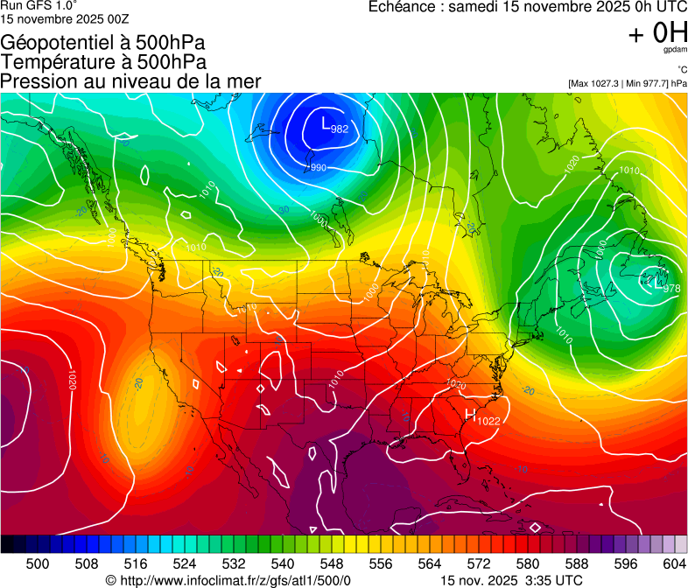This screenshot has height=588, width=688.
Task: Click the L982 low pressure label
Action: [334, 125]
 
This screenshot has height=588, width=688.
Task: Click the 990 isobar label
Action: [319, 168]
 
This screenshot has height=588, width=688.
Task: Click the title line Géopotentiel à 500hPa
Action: [104, 43]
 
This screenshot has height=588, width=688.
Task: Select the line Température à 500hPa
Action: [103, 62]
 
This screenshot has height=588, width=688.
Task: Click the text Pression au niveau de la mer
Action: [130, 81]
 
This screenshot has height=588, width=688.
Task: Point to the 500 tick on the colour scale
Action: [38, 563]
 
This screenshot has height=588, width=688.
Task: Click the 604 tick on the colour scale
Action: [674, 563]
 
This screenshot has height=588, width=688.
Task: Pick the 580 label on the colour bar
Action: [528, 563]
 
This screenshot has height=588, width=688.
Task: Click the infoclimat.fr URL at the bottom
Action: [228, 580]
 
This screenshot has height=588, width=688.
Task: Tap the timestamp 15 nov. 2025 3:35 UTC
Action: [511, 580]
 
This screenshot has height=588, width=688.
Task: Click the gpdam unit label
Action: [675, 50]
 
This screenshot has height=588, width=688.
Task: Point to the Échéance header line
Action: [528, 7]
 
